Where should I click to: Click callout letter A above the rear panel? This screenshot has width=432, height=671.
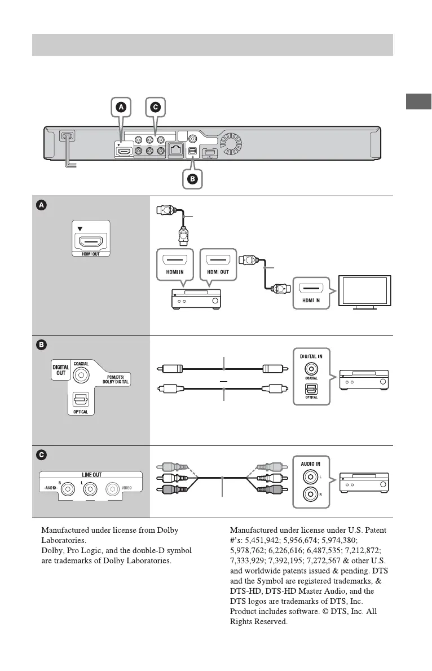[x=121, y=106]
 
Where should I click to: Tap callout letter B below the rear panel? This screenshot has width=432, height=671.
[x=192, y=179]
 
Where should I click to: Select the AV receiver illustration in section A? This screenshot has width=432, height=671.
[x=197, y=299]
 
